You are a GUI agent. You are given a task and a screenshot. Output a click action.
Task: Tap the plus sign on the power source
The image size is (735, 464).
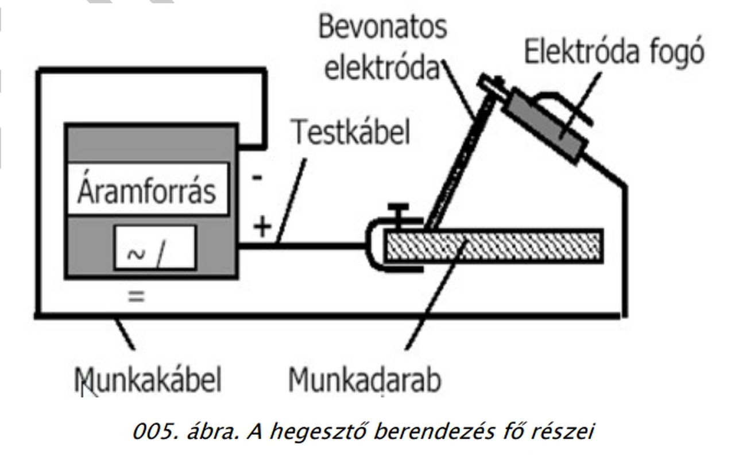(x=262, y=227)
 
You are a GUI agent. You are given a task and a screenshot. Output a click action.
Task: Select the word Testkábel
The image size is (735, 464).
(x=351, y=133)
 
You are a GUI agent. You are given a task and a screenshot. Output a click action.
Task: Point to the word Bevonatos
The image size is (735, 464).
(x=382, y=28)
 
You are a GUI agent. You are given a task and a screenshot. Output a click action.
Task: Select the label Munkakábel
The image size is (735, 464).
(x=148, y=380)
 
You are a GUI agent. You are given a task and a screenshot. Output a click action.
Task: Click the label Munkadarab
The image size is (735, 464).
(x=365, y=380)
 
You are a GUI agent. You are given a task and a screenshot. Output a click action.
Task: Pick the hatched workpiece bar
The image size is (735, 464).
(x=494, y=246)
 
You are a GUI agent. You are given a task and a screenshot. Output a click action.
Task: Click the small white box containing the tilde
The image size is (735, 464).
(x=155, y=248)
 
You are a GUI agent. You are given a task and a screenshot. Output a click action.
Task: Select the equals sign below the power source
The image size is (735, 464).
(x=136, y=297)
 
